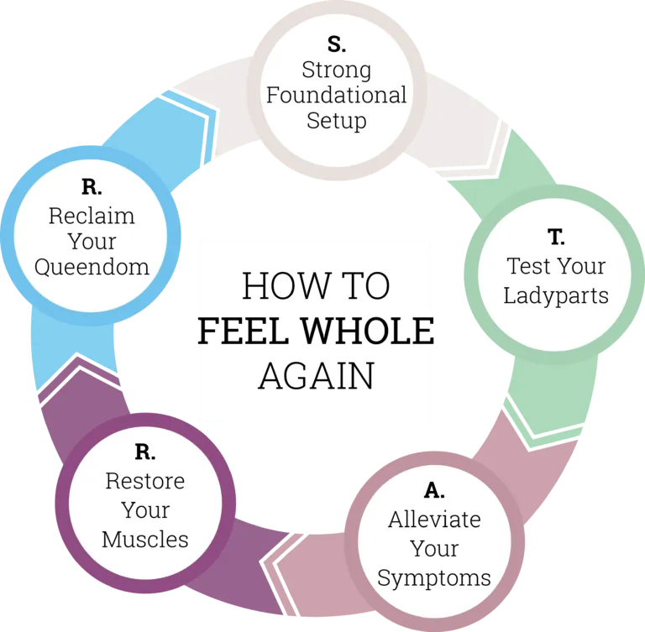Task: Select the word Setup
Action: point(336,120)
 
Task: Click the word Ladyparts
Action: point(557,295)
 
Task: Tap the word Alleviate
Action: point(434,520)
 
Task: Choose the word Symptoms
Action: point(434,577)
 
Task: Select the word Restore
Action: point(145,482)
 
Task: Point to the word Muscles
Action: point(145,537)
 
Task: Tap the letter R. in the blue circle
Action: point(92,186)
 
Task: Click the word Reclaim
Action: point(92,215)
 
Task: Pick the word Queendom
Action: point(92,268)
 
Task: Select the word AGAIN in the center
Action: point(316,376)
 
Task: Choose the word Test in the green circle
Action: point(526,267)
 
